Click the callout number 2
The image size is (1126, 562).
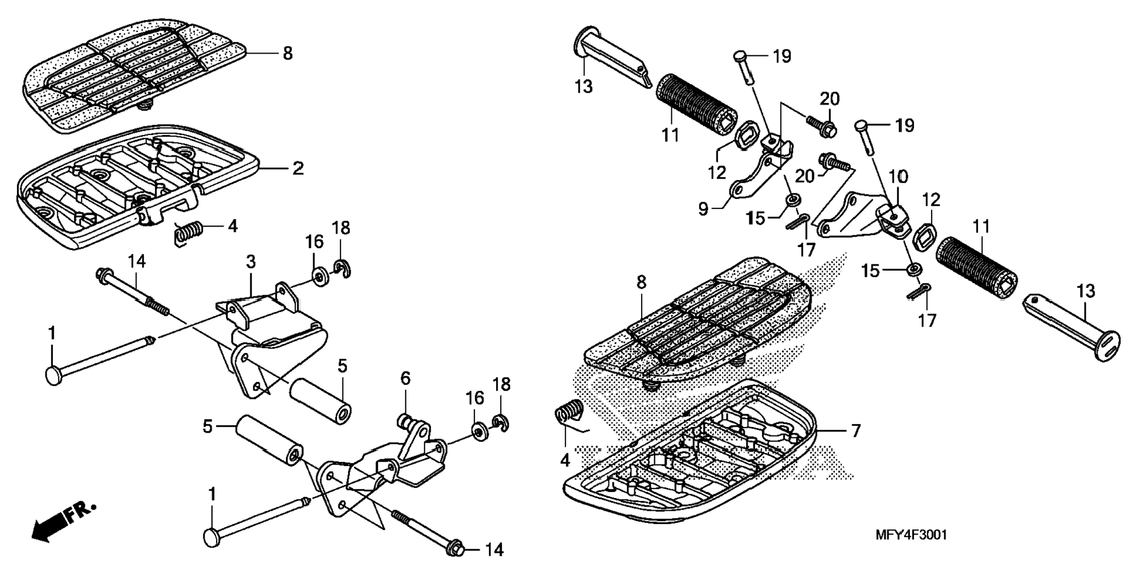point(298,169)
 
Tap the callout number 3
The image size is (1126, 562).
point(250,261)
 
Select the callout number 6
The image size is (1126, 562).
point(405,379)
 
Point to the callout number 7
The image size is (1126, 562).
point(855,431)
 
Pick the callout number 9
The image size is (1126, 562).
point(703,208)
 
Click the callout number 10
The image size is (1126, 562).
point(898,176)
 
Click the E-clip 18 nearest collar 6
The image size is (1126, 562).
point(501,423)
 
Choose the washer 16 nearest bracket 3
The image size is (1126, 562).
point(319,277)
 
